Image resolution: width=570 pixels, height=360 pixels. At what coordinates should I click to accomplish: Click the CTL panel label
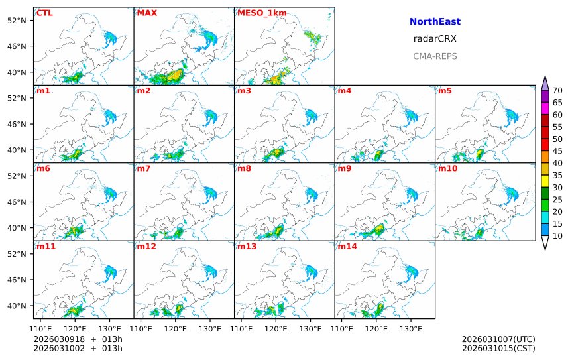(44, 13)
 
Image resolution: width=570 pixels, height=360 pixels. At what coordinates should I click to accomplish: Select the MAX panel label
(146, 13)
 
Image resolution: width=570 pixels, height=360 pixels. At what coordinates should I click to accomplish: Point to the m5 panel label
(445, 90)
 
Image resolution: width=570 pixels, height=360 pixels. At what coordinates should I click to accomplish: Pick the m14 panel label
(347, 246)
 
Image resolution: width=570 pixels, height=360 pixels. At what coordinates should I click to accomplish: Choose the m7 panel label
(143, 168)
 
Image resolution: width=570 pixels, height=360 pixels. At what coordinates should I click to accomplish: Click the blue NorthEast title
(435, 22)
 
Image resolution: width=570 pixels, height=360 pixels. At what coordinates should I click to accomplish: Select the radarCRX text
(435, 38)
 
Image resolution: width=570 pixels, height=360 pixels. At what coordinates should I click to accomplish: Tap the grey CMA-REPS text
(435, 56)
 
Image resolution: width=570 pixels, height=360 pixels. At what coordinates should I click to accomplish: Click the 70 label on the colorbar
(557, 91)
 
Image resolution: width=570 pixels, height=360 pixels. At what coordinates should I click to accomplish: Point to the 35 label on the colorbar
(557, 176)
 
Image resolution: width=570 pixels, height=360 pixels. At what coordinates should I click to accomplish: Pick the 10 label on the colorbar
(557, 236)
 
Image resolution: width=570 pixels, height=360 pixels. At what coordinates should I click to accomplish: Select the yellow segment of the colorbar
(545, 180)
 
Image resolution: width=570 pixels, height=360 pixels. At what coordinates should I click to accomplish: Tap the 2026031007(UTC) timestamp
(498, 339)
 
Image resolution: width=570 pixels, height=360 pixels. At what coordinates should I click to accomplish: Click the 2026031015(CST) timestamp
(498, 348)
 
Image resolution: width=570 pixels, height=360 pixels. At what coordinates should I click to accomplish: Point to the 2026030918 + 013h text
(78, 339)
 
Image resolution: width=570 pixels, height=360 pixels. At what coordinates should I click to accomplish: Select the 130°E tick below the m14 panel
(411, 328)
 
